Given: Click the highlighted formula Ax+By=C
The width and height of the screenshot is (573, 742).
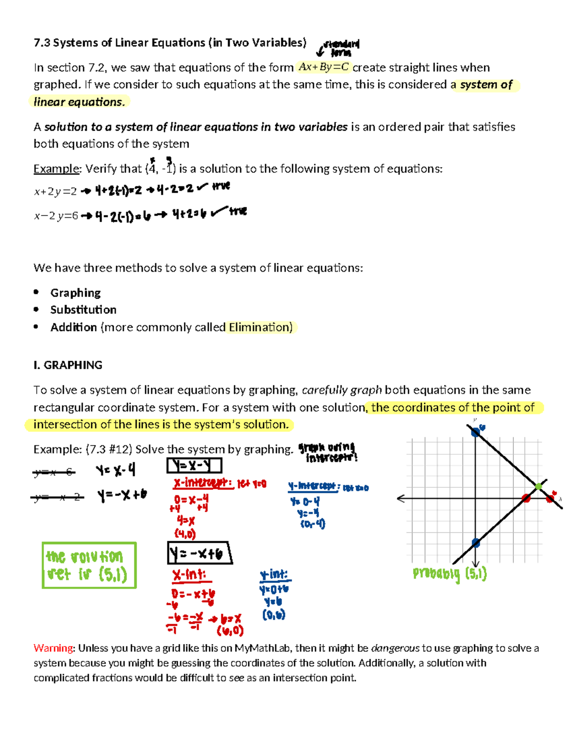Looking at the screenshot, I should point(323,67).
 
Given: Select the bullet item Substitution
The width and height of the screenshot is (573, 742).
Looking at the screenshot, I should point(84,310).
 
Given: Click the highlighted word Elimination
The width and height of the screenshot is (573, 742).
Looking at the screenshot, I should point(260,327).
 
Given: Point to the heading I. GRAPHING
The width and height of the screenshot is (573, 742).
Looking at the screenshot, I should point(68,365).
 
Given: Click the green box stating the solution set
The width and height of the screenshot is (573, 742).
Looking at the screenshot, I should point(89,565).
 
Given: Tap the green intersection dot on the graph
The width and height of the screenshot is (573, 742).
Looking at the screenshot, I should point(539,486).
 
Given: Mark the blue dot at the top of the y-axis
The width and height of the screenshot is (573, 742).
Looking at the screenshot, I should point(476,433).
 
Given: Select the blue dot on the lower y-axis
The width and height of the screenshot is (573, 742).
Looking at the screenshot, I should point(476,542).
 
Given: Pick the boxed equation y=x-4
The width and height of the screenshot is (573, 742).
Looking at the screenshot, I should point(194,465).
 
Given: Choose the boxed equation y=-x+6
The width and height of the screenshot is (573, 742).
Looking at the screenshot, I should point(199,553).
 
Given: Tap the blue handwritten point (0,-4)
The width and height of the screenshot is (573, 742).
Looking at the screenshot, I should point(313,524).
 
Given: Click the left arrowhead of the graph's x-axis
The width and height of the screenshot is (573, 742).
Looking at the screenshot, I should point(400,498).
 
